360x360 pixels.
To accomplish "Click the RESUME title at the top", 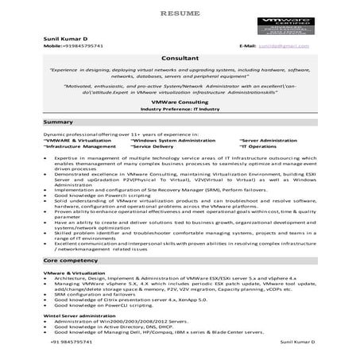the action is click(180, 14).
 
